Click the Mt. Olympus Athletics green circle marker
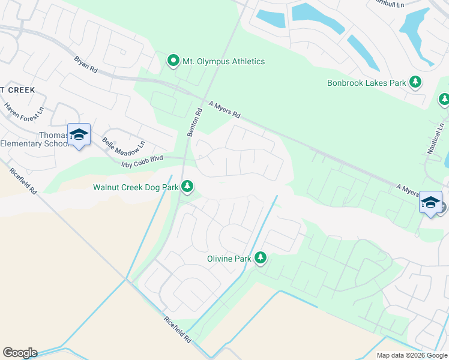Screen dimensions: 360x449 (x=173, y=61)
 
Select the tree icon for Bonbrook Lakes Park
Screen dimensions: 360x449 (x=415, y=82)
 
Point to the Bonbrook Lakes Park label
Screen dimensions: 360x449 (x=367, y=83)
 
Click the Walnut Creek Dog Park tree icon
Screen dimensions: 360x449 (x=188, y=187)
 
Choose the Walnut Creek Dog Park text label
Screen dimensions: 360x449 (x=136, y=187)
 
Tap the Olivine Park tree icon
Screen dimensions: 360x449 (x=260, y=258)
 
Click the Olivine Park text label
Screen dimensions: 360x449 (x=226, y=259)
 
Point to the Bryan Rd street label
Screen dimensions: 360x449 (x=85, y=65)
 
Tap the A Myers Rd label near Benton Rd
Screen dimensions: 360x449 (x=224, y=109)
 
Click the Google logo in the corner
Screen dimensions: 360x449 (x=20, y=353)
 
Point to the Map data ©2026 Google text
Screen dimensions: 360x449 (x=411, y=355)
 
